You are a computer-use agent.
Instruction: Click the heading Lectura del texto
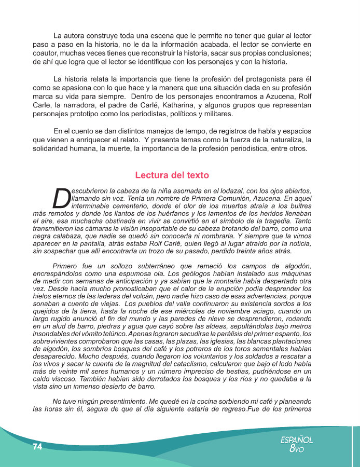(x=172, y=175)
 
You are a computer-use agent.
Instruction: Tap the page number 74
(x=37, y=446)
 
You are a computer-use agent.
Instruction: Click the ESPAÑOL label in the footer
(x=296, y=439)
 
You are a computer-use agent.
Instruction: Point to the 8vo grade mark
(x=297, y=449)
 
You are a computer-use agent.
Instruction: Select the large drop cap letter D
(x=62, y=198)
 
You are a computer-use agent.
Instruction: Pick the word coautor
(x=45, y=53)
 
